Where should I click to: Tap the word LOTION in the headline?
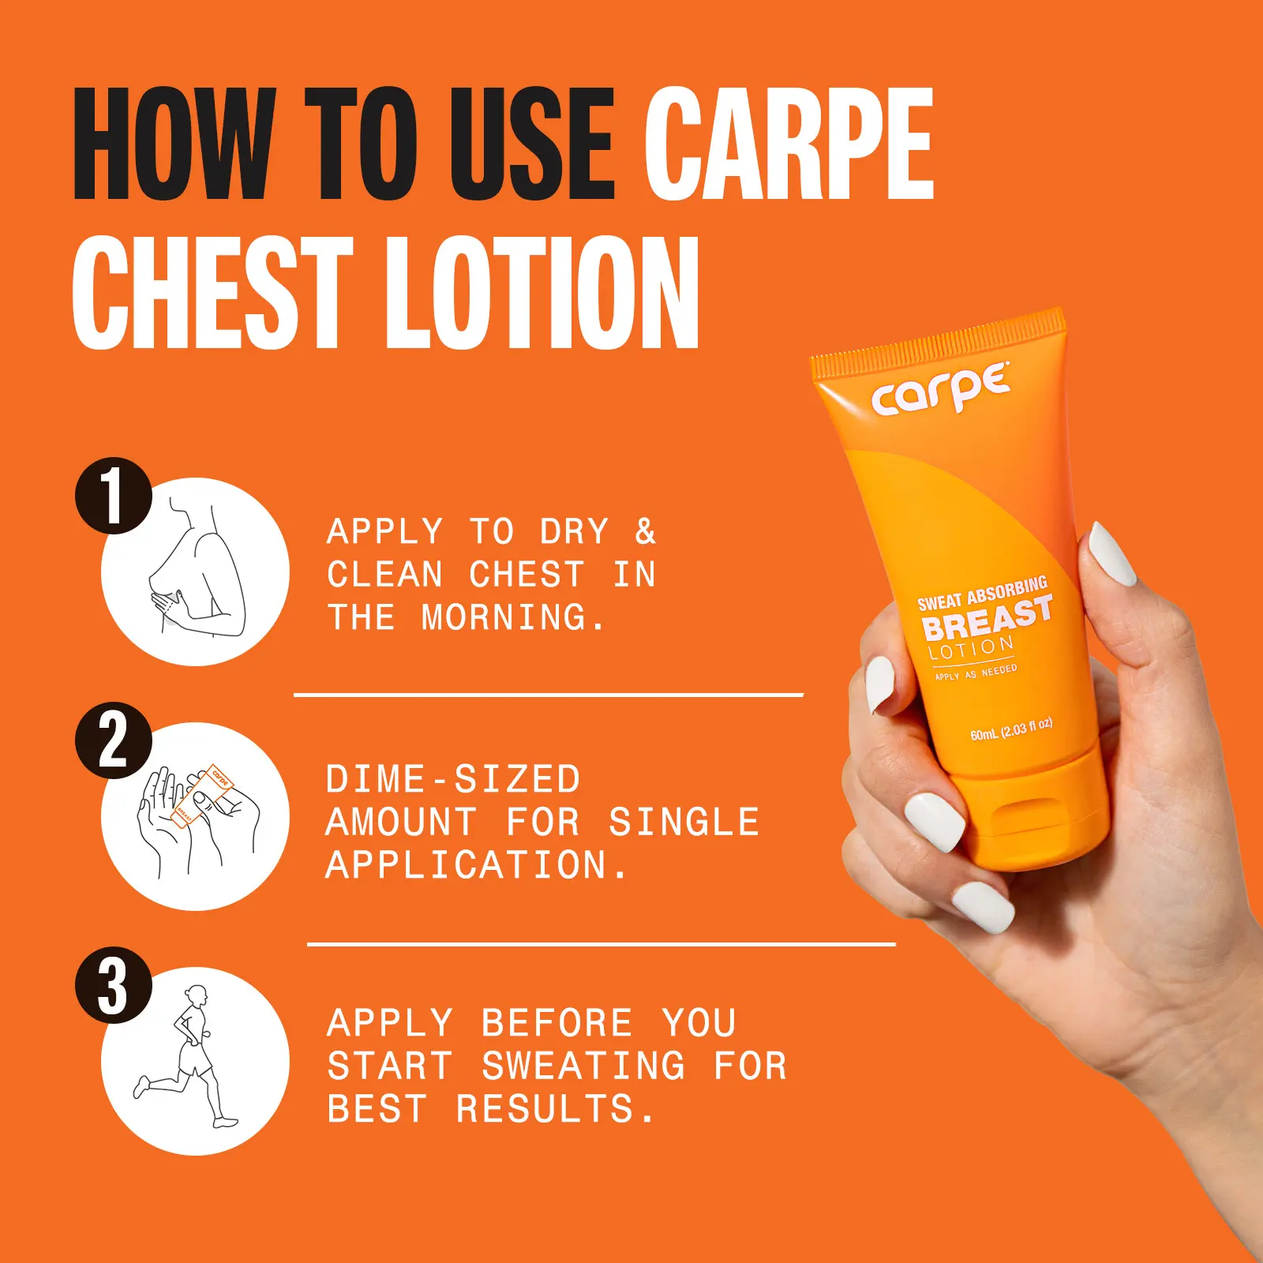(x=542, y=292)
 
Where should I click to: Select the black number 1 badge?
(x=114, y=496)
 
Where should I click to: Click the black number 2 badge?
(x=114, y=740)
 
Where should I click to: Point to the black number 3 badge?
(x=114, y=985)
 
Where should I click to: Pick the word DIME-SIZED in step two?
(x=453, y=780)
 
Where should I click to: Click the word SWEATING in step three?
(x=583, y=1066)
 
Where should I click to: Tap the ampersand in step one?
(x=646, y=532)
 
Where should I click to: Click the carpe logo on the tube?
(x=941, y=389)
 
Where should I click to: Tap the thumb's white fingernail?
(x=1112, y=553)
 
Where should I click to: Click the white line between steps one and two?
(x=549, y=695)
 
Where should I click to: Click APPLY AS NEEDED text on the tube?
(x=976, y=673)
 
